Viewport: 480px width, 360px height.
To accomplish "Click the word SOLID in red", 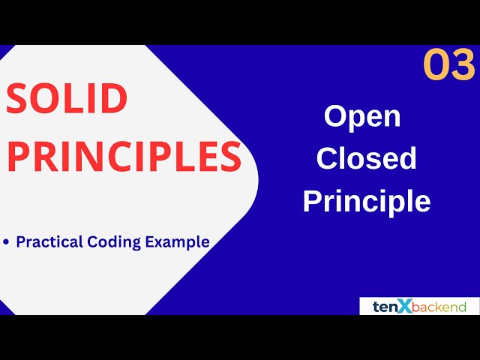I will point(67,99).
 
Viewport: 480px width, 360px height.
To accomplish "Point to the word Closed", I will point(366,158).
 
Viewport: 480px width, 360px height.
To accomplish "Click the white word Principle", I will point(366,201).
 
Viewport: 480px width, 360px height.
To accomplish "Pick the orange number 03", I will point(448,65).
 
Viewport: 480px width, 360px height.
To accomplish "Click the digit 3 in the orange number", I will point(463,65).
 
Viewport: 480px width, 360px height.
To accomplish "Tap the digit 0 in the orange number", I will point(436,65).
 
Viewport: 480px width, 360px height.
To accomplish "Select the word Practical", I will point(47,242).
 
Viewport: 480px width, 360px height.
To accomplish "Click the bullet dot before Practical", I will point(7,242).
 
